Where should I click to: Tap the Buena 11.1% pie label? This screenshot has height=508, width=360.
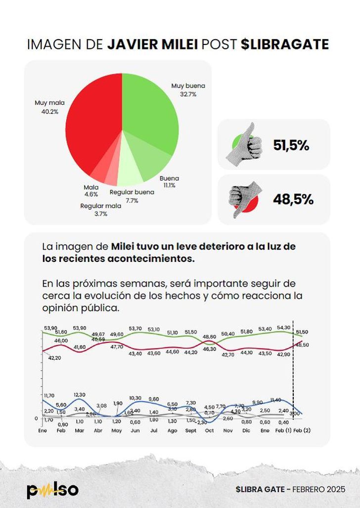click(169, 181)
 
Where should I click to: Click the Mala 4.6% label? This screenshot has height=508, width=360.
click(91, 191)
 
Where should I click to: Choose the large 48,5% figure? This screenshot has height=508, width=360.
click(293, 199)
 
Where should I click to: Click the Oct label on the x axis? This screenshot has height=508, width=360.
click(209, 430)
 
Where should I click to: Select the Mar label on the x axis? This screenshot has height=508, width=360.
click(80, 430)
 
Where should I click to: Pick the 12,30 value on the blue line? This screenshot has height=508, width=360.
click(80, 394)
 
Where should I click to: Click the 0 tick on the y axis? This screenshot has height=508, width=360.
click(36, 419)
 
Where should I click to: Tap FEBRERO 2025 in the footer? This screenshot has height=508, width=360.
click(319, 489)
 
